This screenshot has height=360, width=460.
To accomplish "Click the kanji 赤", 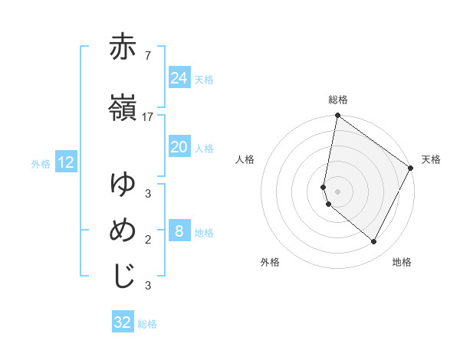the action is (x=123, y=47).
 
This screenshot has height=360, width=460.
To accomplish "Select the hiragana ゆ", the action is (x=123, y=184).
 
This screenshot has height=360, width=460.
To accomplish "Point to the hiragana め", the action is (x=123, y=230).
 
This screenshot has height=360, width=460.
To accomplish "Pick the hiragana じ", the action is (x=123, y=276).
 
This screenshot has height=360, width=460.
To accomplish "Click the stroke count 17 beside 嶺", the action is (x=148, y=116).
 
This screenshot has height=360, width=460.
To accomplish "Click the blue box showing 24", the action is (x=179, y=78).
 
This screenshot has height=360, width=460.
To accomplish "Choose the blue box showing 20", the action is (x=179, y=147).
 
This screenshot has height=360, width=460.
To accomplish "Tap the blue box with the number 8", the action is (x=179, y=231).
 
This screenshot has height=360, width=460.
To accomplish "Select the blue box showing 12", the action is (x=65, y=162).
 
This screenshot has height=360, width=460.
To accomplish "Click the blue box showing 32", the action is (x=123, y=322).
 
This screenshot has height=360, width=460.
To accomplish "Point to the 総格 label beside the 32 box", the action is (x=147, y=324).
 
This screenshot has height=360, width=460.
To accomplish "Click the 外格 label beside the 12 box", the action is (x=41, y=163).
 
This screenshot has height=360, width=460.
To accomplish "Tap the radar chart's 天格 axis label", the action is (x=431, y=159).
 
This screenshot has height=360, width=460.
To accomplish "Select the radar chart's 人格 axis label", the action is (x=245, y=159).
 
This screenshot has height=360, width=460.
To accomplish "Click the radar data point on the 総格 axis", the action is (x=337, y=116).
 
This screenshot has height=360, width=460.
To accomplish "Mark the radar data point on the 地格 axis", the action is (x=374, y=241).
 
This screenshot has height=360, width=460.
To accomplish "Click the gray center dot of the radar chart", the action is (x=337, y=191).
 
